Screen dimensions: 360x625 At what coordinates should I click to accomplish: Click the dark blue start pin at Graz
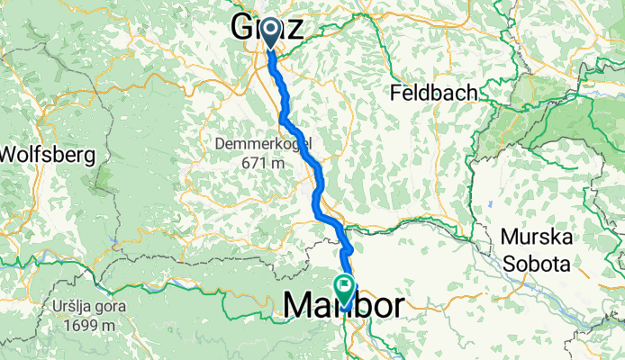(271, 33)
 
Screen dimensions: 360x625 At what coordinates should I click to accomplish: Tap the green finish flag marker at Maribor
(344, 287)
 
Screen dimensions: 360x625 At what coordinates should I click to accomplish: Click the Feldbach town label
(432, 93)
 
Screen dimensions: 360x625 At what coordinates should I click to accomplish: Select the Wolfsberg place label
(47, 155)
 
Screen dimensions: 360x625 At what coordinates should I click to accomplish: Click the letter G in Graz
(245, 27)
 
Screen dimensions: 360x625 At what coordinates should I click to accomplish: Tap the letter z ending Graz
(294, 28)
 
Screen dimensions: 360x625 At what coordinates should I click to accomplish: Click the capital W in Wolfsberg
(10, 155)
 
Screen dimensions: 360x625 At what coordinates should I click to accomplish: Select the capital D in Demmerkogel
(220, 144)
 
